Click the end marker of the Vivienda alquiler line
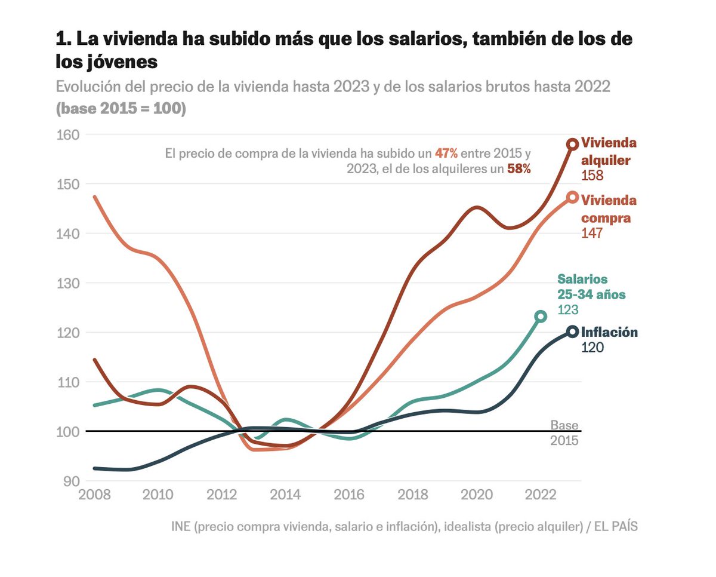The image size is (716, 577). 572,144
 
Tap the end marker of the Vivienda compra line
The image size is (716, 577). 572,198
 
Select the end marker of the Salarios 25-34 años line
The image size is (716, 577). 541,316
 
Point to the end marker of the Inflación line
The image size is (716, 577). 572,332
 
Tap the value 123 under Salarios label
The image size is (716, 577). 568,309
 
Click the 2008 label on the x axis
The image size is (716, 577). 95,496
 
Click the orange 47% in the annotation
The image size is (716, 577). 446,153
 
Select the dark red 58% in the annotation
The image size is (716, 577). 519,168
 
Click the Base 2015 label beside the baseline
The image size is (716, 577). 564,433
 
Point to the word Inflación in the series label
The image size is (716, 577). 609,332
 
